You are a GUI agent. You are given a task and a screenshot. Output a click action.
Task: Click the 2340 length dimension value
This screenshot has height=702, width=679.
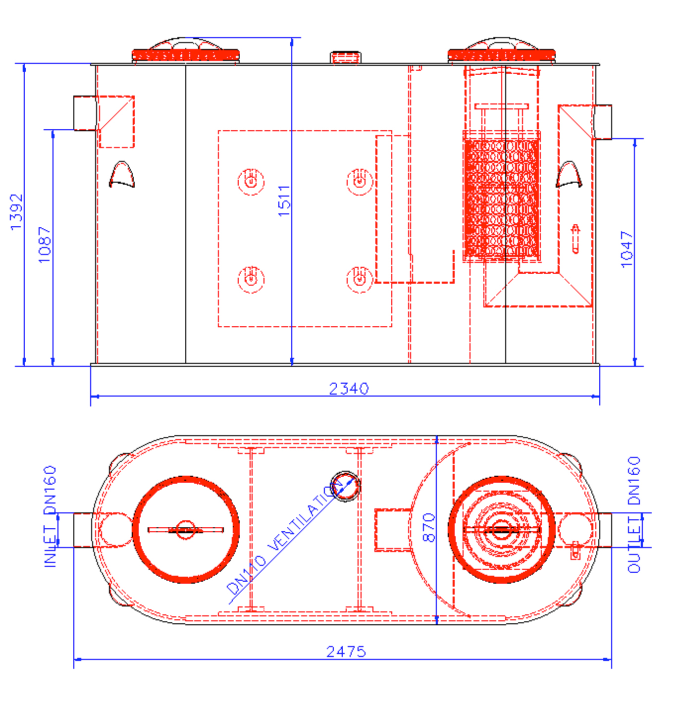point(348,389)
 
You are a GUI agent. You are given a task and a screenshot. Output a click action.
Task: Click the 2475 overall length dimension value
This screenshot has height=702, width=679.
point(346,652)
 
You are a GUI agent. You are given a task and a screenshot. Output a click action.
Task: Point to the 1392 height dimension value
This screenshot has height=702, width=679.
point(17,212)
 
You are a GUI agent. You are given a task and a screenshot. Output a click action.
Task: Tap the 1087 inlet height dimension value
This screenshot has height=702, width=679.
point(45,245)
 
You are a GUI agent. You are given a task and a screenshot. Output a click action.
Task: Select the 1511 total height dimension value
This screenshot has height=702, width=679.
point(284,201)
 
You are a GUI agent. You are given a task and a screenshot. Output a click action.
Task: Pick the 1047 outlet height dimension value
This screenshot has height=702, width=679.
point(627,250)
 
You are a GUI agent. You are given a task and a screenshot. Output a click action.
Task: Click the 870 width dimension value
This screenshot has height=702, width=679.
point(429,527)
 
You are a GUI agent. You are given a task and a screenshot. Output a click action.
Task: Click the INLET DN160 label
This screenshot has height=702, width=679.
point(50,516)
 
